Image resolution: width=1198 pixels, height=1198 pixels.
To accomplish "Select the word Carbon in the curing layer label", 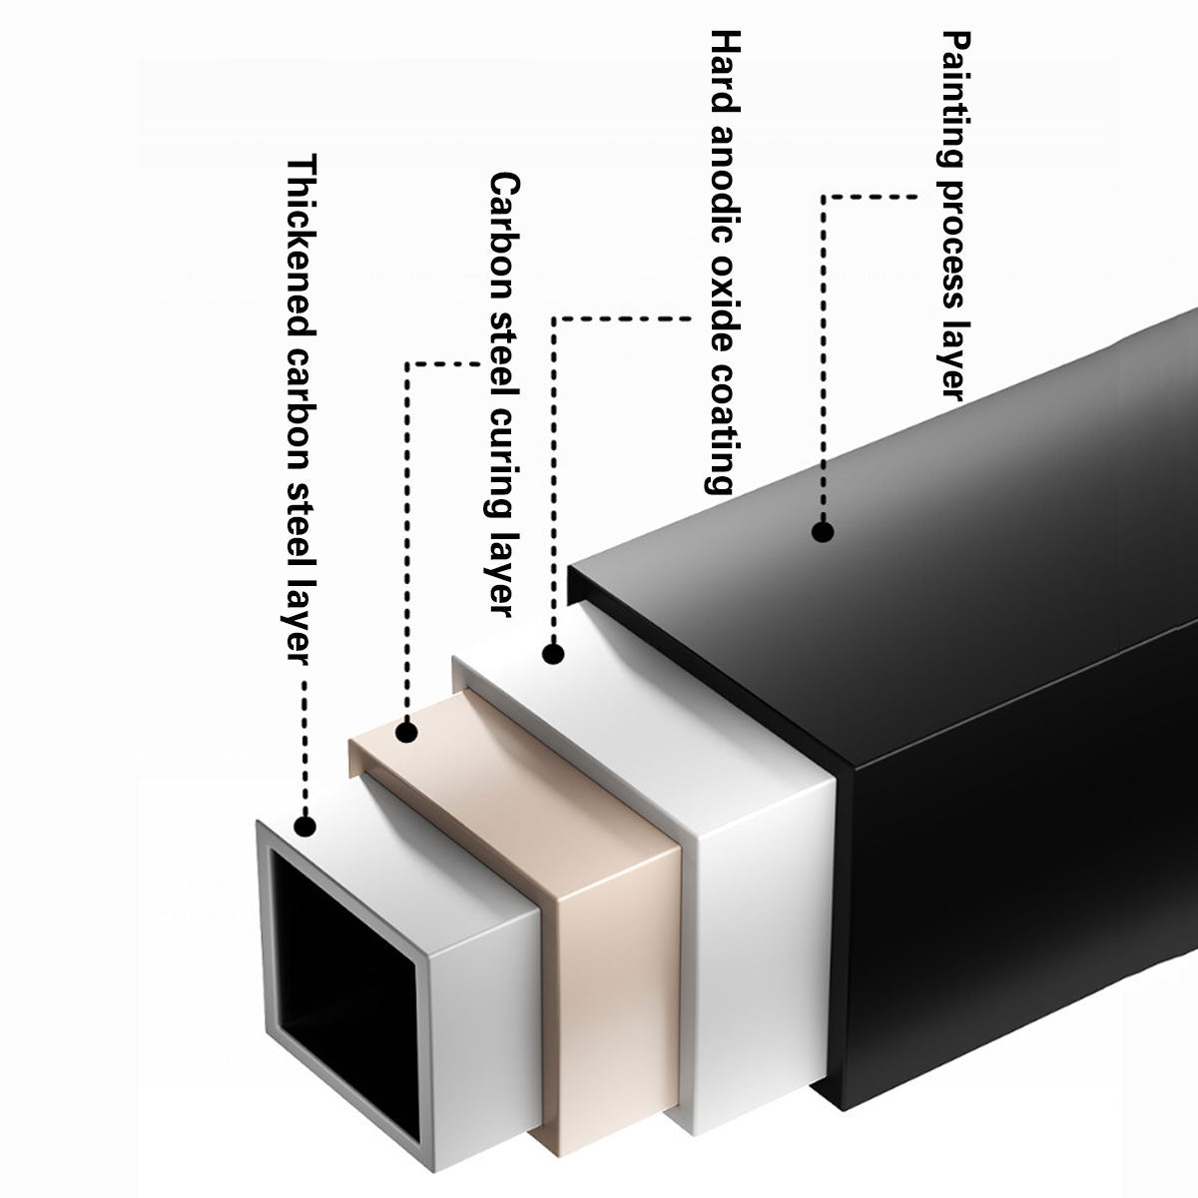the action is coord(505,238).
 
